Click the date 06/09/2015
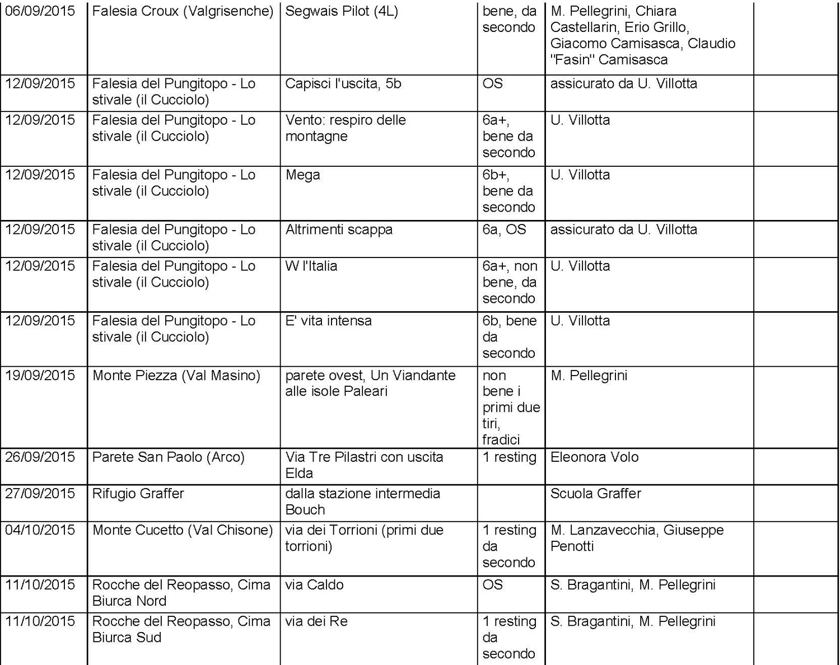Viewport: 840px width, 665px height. (x=40, y=11)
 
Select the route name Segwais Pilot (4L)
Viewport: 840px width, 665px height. (x=342, y=11)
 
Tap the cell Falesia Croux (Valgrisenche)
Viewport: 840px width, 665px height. (x=183, y=11)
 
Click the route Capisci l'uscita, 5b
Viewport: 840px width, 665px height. (x=343, y=84)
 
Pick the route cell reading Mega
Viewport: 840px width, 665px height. (x=302, y=175)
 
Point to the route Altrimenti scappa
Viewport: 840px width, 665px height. (x=339, y=230)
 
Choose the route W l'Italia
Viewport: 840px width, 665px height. (x=311, y=266)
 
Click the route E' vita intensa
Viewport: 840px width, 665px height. (x=328, y=321)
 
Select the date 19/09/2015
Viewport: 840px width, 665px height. (x=40, y=376)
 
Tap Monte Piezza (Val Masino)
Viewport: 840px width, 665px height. (x=176, y=376)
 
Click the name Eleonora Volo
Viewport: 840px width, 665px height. (x=594, y=457)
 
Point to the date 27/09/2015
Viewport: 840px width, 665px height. (x=40, y=494)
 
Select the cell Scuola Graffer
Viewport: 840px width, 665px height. (x=595, y=494)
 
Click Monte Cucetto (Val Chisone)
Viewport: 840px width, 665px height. (x=183, y=530)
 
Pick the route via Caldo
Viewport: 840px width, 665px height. (x=314, y=585)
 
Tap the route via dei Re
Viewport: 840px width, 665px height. (x=316, y=621)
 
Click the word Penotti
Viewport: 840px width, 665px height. (x=572, y=546)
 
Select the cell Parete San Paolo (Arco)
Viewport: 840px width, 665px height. (x=169, y=457)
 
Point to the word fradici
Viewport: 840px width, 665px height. (x=501, y=440)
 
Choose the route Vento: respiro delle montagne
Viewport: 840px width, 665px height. (x=346, y=128)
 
